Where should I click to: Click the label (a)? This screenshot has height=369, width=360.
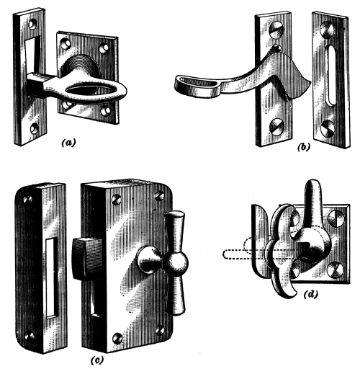(68, 143)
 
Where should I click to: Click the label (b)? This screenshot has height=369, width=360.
(304, 147)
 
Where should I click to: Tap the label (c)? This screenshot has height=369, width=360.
(97, 360)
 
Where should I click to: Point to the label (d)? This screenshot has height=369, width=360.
(311, 294)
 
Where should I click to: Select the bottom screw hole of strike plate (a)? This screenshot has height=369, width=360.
(35, 128)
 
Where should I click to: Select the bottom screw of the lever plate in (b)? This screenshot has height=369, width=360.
(276, 127)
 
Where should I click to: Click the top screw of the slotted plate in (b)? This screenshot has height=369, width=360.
(328, 30)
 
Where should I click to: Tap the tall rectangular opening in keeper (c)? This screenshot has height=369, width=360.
(52, 277)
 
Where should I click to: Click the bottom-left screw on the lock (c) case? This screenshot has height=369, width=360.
(118, 338)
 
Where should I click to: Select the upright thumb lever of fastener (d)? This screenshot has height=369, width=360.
(312, 207)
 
